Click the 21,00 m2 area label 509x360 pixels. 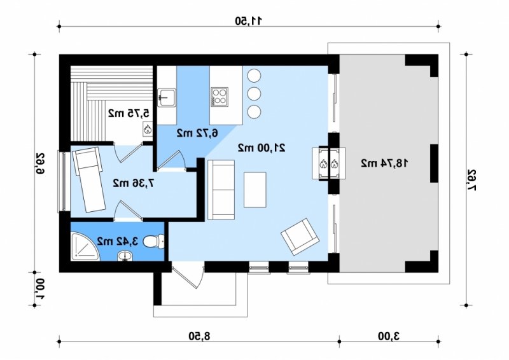tap(261, 148)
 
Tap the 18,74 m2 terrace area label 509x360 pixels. tap(385, 163)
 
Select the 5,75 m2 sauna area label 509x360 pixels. tap(129, 113)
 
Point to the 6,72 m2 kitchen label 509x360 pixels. tap(197, 133)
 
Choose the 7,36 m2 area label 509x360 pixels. tap(134, 183)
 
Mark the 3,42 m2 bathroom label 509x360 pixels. tap(118, 241)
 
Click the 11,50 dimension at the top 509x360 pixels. tap(248, 21)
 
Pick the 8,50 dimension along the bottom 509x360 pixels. tap(199, 336)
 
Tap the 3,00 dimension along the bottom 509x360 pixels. tap(389, 336)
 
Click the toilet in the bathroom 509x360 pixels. tap(153, 241)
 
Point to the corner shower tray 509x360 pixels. tap(85, 246)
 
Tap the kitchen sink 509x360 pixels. tap(167, 97)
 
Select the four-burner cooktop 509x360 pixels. tap(219, 97)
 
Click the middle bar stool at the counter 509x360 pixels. tap(254, 93)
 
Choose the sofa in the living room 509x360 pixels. tap(221, 190)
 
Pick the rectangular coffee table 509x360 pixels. tap(255, 190)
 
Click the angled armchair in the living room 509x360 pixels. tap(300, 237)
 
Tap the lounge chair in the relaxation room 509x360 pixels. tap(89, 179)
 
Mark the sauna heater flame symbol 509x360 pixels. tap(148, 128)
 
